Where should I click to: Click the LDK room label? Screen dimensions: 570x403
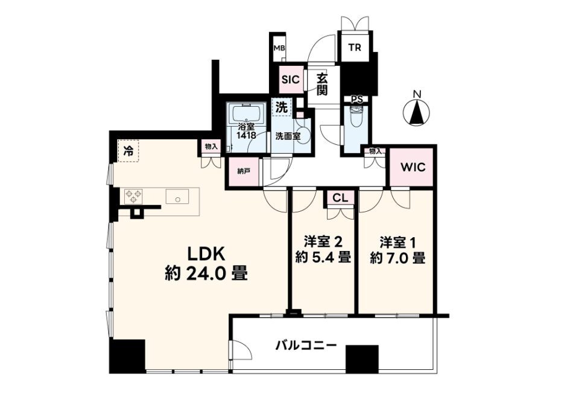pyautogui.click(x=206, y=254)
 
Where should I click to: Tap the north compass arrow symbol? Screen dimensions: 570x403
pyautogui.click(x=417, y=112)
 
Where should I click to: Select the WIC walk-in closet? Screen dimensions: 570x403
pyautogui.click(x=413, y=167)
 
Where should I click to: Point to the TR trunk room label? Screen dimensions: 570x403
pyautogui.click(x=355, y=47)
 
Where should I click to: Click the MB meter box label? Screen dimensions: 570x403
pyautogui.click(x=279, y=48)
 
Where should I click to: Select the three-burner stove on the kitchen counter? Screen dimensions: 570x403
pyautogui.click(x=133, y=197)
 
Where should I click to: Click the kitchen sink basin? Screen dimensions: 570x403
pyautogui.click(x=177, y=197)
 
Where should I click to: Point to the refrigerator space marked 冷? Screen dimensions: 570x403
pyautogui.click(x=128, y=151)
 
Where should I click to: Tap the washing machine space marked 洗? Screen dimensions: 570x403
pyautogui.click(x=282, y=107)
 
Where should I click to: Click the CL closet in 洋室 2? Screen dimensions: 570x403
pyautogui.click(x=340, y=198)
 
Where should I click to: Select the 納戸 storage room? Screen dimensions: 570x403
pyautogui.click(x=244, y=172)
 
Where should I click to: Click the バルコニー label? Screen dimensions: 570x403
pyautogui.click(x=306, y=345)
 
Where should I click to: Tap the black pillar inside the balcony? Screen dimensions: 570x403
pyautogui.click(x=362, y=359)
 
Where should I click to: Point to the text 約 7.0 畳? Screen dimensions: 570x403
pyautogui.click(x=397, y=258)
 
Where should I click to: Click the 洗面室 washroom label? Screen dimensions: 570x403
pyautogui.click(x=288, y=136)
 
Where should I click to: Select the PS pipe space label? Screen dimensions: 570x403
pyautogui.click(x=356, y=100)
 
